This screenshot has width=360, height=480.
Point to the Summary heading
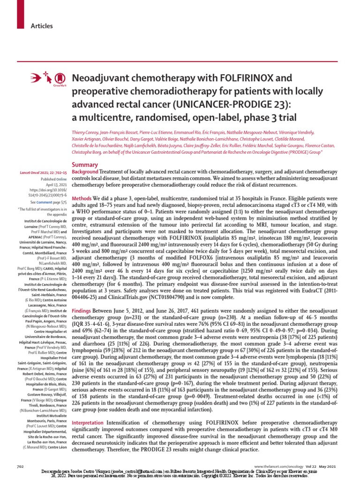pos(84,165)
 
